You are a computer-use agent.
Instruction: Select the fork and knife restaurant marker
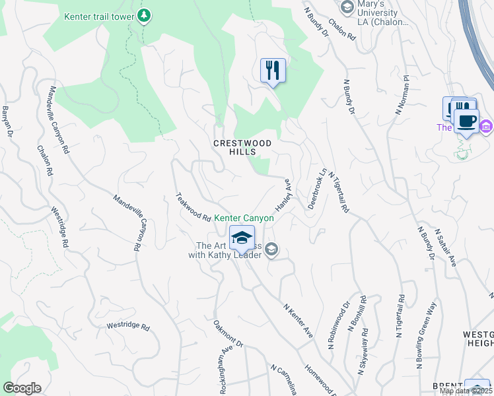273,70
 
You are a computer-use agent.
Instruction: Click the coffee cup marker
467,121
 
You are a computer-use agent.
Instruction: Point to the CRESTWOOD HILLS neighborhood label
234,147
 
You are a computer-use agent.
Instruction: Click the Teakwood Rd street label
193,207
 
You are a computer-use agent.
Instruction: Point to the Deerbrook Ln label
316,189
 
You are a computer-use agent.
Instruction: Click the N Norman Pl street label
402,94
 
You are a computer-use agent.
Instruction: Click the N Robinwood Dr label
338,325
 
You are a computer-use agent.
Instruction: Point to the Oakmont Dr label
229,334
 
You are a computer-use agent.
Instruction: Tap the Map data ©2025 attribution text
466,391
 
